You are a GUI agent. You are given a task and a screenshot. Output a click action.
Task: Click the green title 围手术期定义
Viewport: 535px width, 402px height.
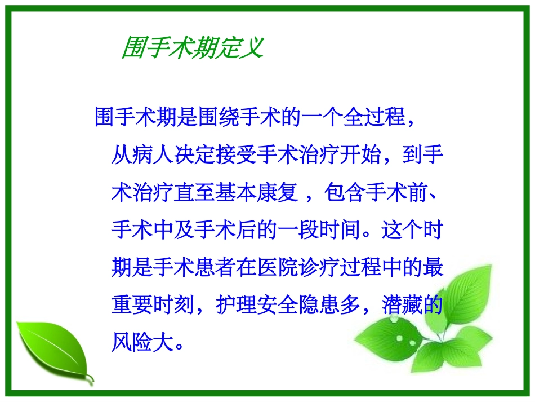[x=193, y=47]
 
